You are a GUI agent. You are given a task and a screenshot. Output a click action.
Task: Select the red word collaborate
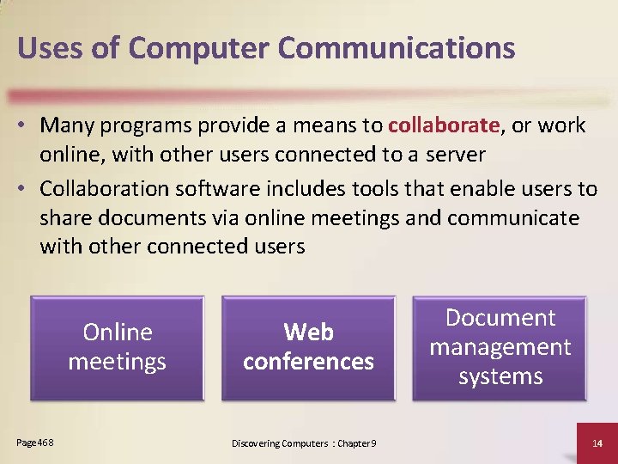[443, 125]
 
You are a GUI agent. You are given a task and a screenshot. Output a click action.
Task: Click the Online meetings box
[117, 347]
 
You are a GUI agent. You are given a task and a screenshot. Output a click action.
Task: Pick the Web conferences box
[308, 347]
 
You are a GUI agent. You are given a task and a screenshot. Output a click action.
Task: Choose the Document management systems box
[500, 347]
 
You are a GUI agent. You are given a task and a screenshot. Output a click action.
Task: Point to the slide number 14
[598, 443]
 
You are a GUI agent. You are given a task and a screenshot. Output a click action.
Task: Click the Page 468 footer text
[35, 442]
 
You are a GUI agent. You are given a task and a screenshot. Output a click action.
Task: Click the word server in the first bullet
[454, 156]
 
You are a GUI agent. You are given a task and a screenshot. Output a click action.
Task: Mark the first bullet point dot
[27, 126]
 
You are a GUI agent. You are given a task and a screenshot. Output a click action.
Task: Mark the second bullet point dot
[27, 189]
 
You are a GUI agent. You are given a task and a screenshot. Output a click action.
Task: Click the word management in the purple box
[500, 347]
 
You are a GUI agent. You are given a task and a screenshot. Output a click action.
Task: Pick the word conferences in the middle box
[308, 362]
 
